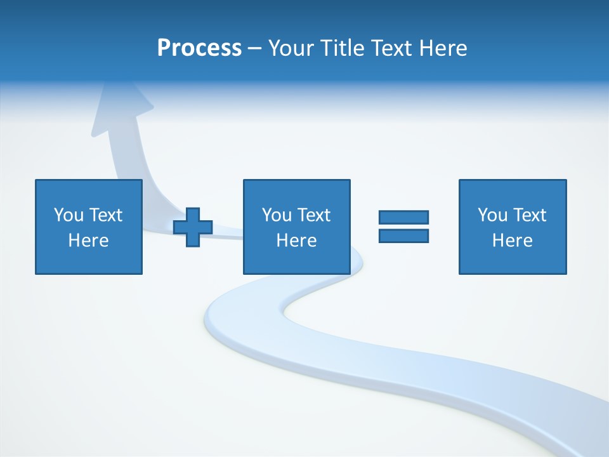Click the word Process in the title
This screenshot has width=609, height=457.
pos(199,48)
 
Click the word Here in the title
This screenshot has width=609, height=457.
pos(445,48)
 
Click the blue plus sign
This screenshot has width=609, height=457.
pos(193,227)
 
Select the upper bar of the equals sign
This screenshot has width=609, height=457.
pos(403,217)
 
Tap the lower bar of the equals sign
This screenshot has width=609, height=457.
pos(403,235)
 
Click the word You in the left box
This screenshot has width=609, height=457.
pos(69,215)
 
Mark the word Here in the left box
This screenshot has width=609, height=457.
pos(88,241)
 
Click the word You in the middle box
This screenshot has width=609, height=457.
pos(277,215)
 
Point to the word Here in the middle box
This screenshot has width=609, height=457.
pos(296,241)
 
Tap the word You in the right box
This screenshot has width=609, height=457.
pos(492,215)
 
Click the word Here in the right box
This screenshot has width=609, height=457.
pos(512,241)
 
